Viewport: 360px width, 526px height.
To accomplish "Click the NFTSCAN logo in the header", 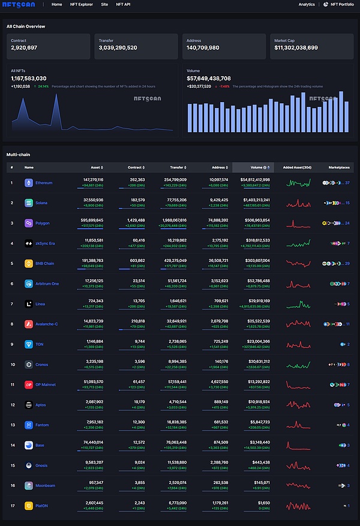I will click(x=19, y=4).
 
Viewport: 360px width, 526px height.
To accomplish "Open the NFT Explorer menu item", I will click(x=82, y=4).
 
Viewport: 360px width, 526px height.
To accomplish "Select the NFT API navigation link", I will click(x=123, y=4).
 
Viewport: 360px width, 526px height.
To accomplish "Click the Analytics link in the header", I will click(x=307, y=4).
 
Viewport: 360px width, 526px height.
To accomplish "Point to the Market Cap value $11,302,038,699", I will click(x=296, y=47).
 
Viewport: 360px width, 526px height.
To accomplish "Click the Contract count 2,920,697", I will click(x=24, y=47).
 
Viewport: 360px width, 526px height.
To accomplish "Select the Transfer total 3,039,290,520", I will click(x=118, y=47).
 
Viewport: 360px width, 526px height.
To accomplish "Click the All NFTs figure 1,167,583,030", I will click(x=29, y=78).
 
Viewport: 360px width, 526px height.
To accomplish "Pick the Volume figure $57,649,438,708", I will click(x=209, y=78).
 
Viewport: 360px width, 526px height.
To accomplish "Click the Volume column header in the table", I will click(x=256, y=168).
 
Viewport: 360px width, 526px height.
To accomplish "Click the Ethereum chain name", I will click(x=44, y=183).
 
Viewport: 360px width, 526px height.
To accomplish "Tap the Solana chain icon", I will click(x=28, y=203).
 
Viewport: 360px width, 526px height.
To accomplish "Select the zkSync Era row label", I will click(x=46, y=243).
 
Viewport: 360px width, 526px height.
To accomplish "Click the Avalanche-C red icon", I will click(x=28, y=324).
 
